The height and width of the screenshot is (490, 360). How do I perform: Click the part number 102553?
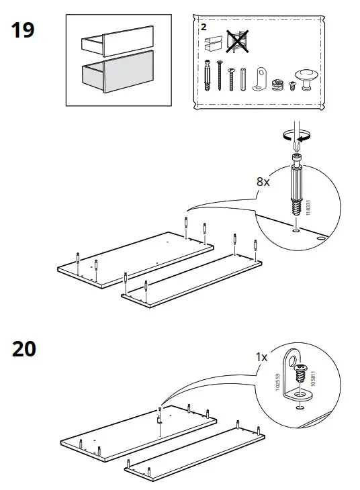275,385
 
